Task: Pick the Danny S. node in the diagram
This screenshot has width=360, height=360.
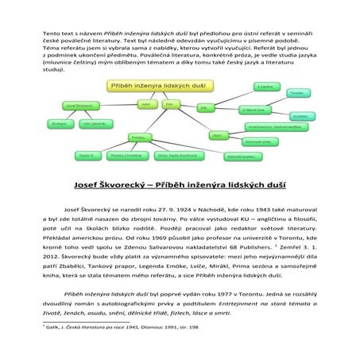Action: [86, 155]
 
